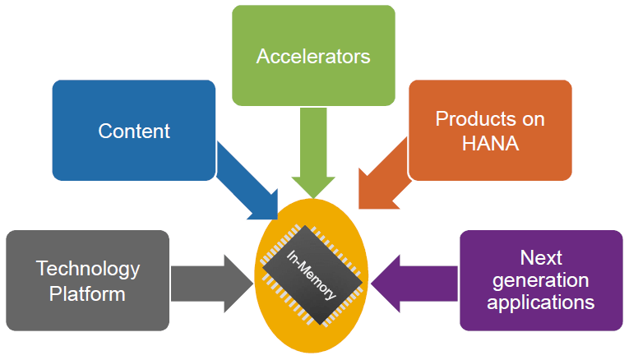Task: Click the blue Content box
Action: point(134,130)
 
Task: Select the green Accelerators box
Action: point(313,56)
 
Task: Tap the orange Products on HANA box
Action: point(490,130)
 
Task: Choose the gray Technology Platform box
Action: point(87,280)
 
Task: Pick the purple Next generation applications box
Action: point(540,280)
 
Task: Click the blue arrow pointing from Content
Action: point(247,182)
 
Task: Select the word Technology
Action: point(88,269)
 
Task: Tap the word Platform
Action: point(88,293)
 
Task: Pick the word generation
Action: point(540,280)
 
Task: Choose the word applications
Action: point(540,302)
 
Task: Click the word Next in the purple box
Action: point(540,258)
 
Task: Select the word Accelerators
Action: point(313,56)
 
